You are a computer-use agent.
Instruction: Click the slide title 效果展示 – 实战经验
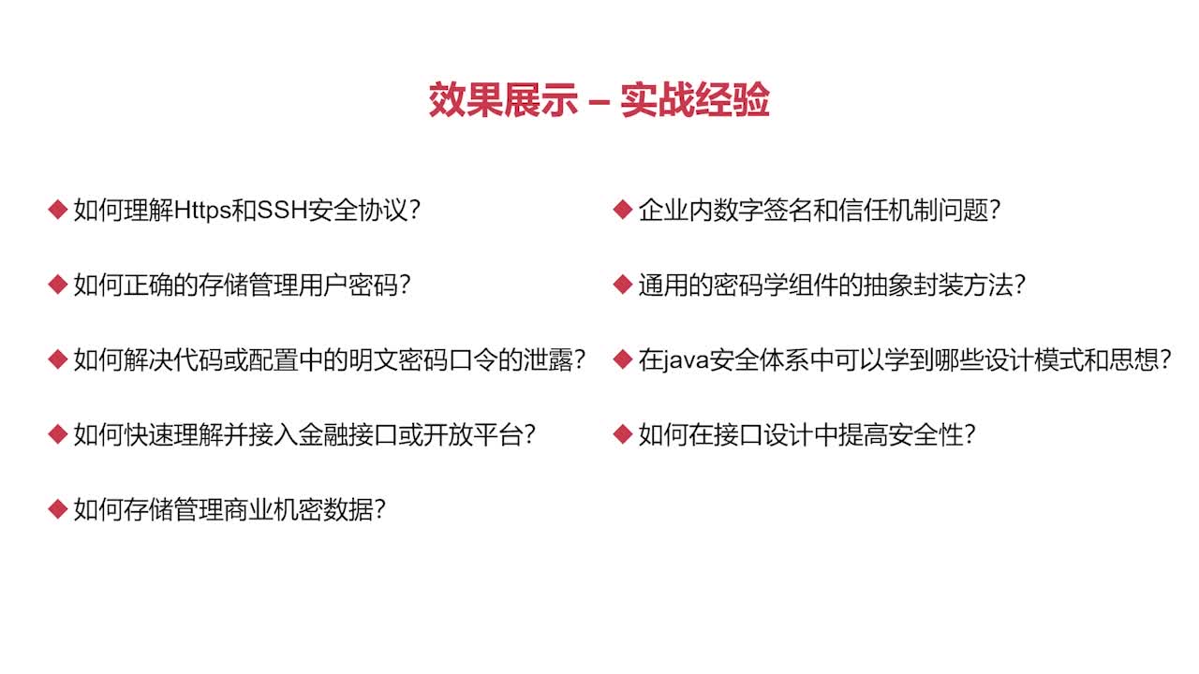pos(599,100)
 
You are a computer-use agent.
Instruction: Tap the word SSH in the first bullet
pos(282,210)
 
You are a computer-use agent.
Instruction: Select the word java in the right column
pos(686,359)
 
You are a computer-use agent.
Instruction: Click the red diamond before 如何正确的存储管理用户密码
pos(58,285)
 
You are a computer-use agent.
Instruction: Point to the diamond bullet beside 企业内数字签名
pos(623,210)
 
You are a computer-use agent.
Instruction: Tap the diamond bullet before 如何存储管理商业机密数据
pos(58,509)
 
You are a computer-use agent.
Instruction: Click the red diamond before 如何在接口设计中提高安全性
pos(623,434)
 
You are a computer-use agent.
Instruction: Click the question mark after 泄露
pos(578,359)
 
